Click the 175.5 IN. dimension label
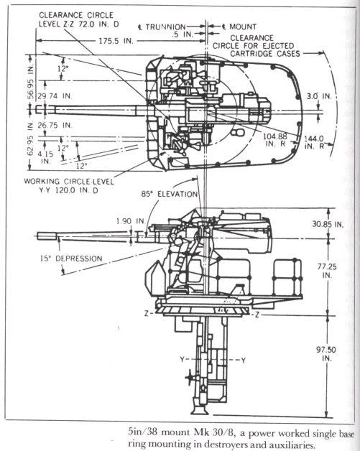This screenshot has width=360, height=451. click(x=116, y=41)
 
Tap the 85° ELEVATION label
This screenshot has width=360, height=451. click(x=169, y=194)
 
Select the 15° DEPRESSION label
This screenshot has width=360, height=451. click(x=71, y=259)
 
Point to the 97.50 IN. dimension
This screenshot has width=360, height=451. click(x=326, y=354)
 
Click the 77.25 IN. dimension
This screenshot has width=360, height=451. click(x=327, y=271)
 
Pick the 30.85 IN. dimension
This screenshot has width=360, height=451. click(x=328, y=224)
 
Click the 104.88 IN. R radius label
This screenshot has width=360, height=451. click(x=275, y=140)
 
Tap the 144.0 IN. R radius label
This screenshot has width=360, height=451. click(x=314, y=142)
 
